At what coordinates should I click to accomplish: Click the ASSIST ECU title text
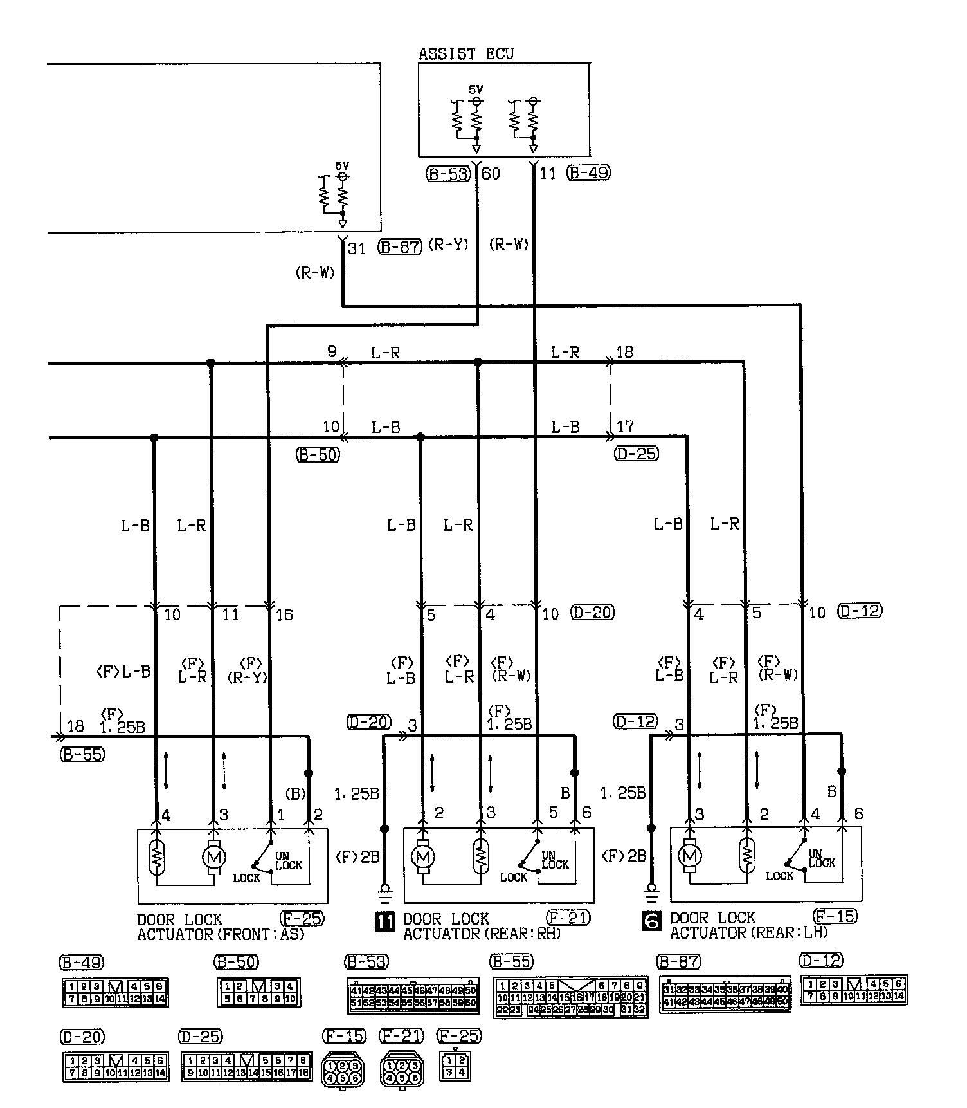[466, 53]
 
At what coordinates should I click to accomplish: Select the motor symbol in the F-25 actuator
[213, 857]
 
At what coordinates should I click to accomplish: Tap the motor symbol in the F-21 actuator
[422, 856]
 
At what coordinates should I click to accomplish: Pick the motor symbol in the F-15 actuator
[690, 856]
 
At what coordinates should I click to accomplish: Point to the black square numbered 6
[651, 922]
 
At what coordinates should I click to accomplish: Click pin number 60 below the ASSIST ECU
[491, 173]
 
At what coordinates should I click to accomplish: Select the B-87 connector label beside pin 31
[400, 246]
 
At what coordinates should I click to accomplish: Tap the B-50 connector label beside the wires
[318, 454]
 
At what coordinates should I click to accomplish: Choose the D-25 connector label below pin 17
[637, 454]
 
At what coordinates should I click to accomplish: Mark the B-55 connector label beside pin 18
[82, 755]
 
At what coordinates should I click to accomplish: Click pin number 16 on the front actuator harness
[284, 614]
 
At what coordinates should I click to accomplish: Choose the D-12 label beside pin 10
[860, 611]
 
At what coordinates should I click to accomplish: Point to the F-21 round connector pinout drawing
[402, 1069]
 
